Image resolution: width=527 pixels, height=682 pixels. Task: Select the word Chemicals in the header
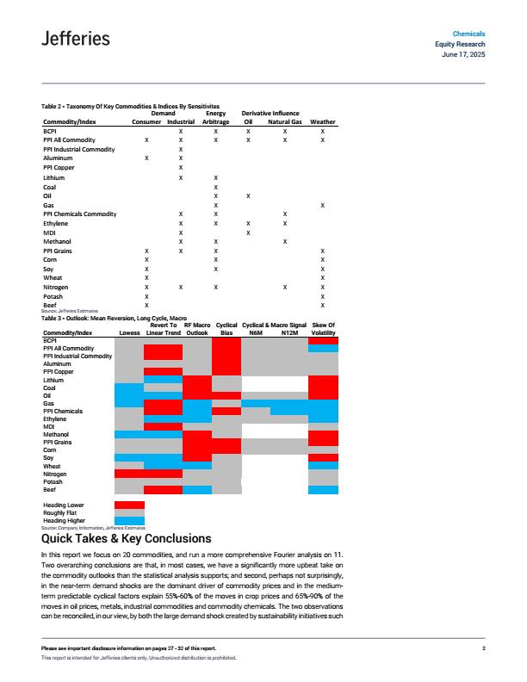tap(468, 34)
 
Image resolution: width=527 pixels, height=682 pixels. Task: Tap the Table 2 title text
tap(129, 105)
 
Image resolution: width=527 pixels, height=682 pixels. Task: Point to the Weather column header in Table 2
tap(323, 121)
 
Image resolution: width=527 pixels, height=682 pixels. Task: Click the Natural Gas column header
tap(283, 121)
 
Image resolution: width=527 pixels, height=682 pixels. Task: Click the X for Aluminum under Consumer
tap(146, 158)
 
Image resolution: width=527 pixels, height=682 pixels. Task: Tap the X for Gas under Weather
tap(323, 204)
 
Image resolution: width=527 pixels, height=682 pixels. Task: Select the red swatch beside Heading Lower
tap(129, 505)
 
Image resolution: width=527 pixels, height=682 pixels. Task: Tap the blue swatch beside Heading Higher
tap(129, 520)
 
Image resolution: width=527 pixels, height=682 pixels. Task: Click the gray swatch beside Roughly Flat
tap(129, 512)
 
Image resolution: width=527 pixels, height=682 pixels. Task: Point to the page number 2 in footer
tap(484, 647)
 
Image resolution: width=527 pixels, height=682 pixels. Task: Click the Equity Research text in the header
tap(460, 44)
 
